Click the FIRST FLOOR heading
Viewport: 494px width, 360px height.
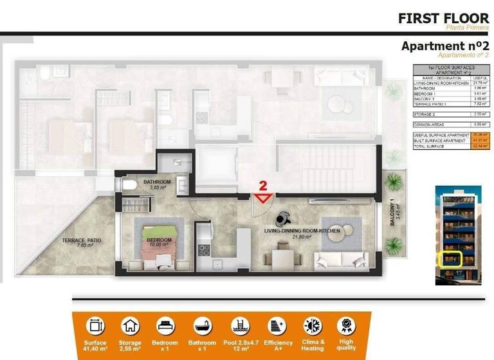(443, 18)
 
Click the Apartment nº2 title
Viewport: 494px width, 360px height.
(445, 46)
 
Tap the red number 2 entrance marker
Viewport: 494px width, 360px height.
(262, 193)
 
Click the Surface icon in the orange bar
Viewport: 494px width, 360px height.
(95, 326)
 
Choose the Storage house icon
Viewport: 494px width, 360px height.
(131, 326)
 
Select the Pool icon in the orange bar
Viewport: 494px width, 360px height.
(240, 326)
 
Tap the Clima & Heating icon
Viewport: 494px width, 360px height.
(313, 326)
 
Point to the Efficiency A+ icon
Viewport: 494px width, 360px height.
(277, 326)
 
